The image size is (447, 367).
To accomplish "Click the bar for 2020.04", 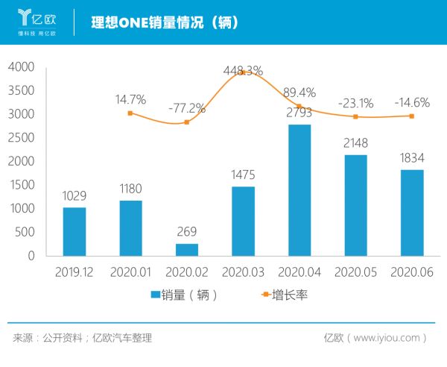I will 299,190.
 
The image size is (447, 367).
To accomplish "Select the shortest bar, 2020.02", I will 186,250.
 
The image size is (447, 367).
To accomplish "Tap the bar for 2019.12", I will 74,231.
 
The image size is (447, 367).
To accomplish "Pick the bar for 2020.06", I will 412,213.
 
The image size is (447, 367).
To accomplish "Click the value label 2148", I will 355,142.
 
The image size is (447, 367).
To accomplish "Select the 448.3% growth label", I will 243,71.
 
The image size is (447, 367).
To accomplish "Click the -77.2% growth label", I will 186,108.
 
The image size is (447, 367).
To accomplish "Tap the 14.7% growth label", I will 130,99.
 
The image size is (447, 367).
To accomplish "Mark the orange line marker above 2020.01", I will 130,113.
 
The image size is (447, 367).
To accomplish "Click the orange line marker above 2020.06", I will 412,116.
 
